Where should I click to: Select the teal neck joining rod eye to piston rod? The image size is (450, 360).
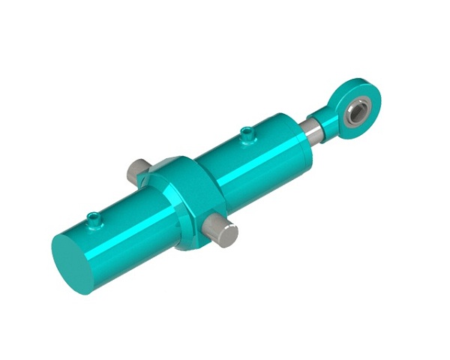[x=325, y=118]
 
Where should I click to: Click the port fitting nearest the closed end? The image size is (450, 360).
[x=94, y=218]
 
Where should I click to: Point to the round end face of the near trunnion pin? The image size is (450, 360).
[x=229, y=236]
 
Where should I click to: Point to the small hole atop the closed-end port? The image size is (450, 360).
[x=94, y=215]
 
